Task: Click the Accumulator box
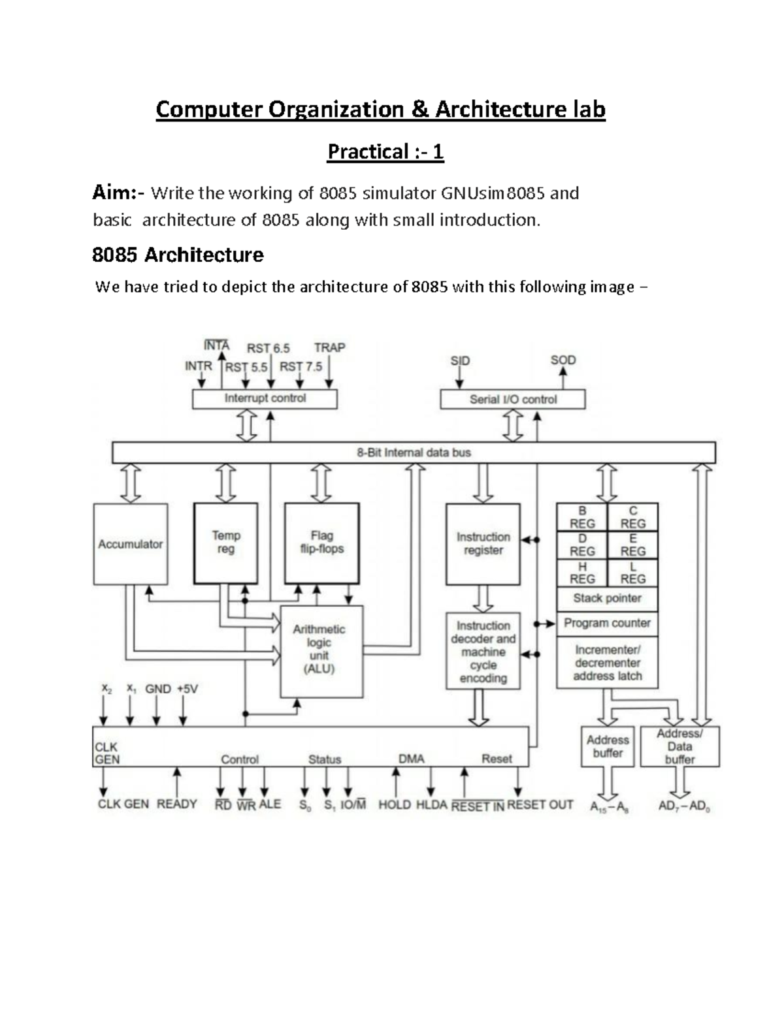point(130,544)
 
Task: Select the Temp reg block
point(225,543)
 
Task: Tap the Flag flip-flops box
point(321,543)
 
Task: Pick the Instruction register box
point(483,544)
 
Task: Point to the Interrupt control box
point(265,398)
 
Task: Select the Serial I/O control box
point(512,399)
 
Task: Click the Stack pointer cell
point(607,598)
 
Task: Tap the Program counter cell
point(607,623)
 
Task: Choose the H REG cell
point(581,573)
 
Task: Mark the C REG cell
point(632,517)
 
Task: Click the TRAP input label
point(329,348)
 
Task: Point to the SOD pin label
point(563,360)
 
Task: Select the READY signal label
point(176,804)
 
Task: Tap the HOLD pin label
point(395,805)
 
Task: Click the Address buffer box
point(608,746)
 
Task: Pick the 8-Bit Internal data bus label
point(414,452)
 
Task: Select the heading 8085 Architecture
point(178,255)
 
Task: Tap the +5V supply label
point(187,689)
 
